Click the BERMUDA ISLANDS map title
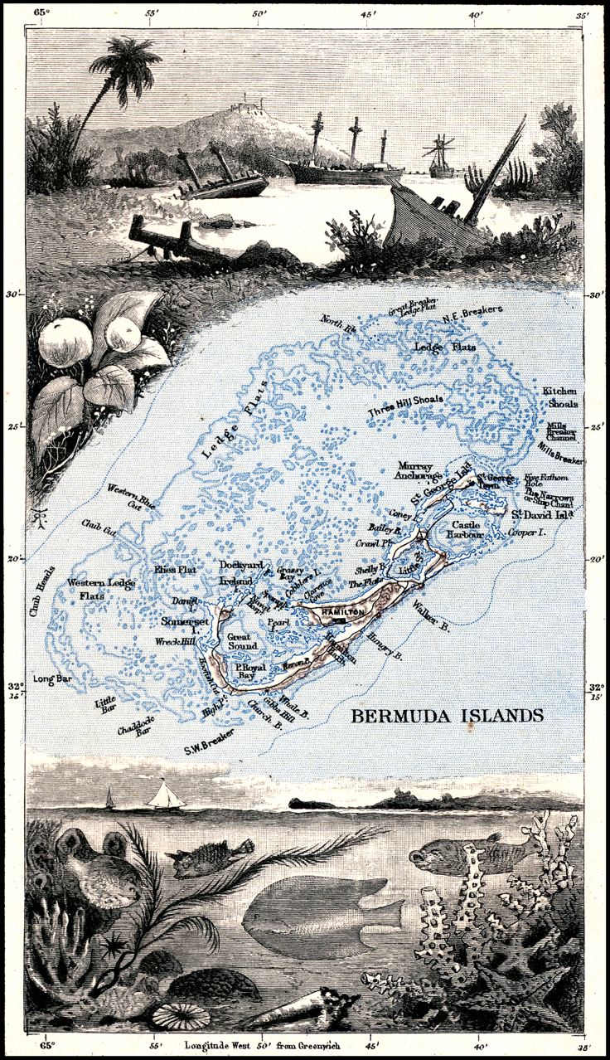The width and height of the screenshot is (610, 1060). pos(448,715)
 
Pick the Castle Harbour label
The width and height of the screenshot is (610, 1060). pos(467,531)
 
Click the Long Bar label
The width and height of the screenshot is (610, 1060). pos(49,680)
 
